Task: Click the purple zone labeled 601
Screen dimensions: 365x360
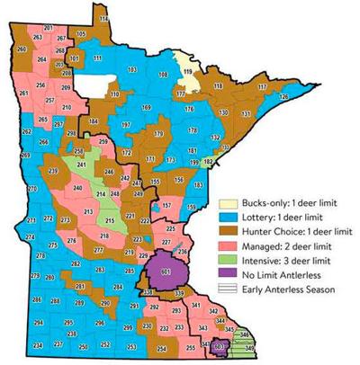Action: click(165, 271)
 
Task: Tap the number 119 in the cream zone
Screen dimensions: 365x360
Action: click(188, 70)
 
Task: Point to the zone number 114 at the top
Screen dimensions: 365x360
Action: click(103, 18)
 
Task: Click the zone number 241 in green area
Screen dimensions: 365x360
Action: click(82, 165)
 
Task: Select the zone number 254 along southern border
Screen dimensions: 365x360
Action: click(161, 347)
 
